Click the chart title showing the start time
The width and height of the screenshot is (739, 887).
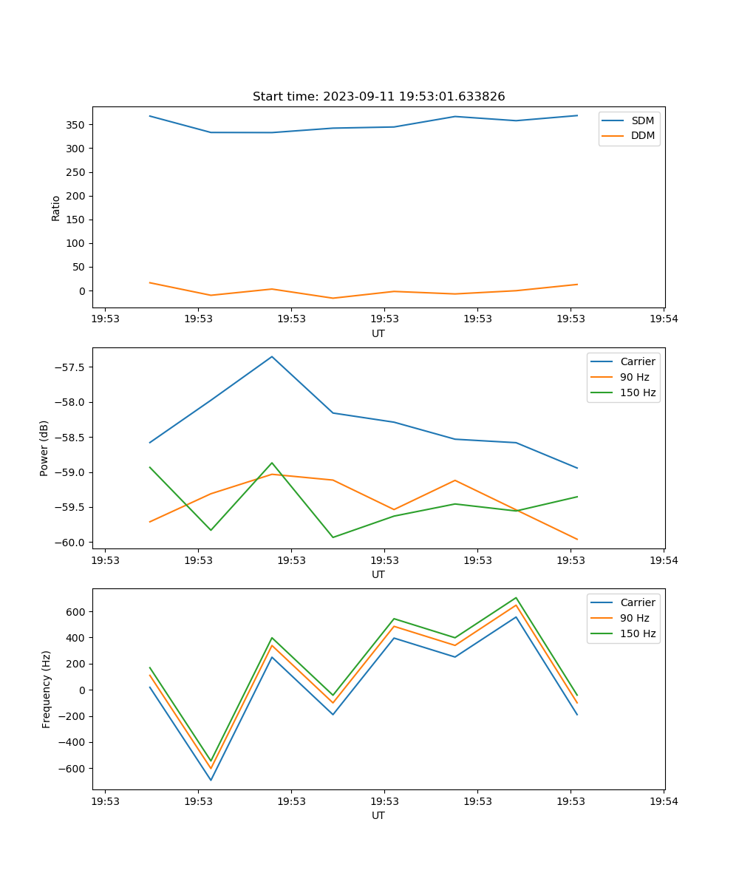tap(378, 96)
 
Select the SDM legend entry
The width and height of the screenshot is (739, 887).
tap(642, 120)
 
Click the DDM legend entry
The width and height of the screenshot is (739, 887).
tap(642, 136)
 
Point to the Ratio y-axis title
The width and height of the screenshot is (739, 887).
tap(55, 208)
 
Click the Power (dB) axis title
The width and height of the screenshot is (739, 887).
tap(44, 448)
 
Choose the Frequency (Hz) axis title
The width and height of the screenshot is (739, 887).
tap(47, 689)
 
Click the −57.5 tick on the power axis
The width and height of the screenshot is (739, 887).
tap(71, 367)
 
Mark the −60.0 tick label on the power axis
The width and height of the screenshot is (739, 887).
tap(71, 543)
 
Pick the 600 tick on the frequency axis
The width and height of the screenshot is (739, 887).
tap(78, 612)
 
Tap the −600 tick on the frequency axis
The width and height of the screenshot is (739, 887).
tap(74, 769)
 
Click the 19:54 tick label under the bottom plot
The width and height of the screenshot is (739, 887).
tap(663, 801)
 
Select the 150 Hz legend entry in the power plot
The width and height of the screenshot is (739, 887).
tap(638, 392)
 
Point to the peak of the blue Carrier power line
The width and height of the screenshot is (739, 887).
tap(272, 356)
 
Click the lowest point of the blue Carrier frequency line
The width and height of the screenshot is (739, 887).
tap(211, 780)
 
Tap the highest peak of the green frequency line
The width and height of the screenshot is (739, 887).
tap(516, 597)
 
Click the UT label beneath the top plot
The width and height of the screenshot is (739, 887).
tap(378, 333)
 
